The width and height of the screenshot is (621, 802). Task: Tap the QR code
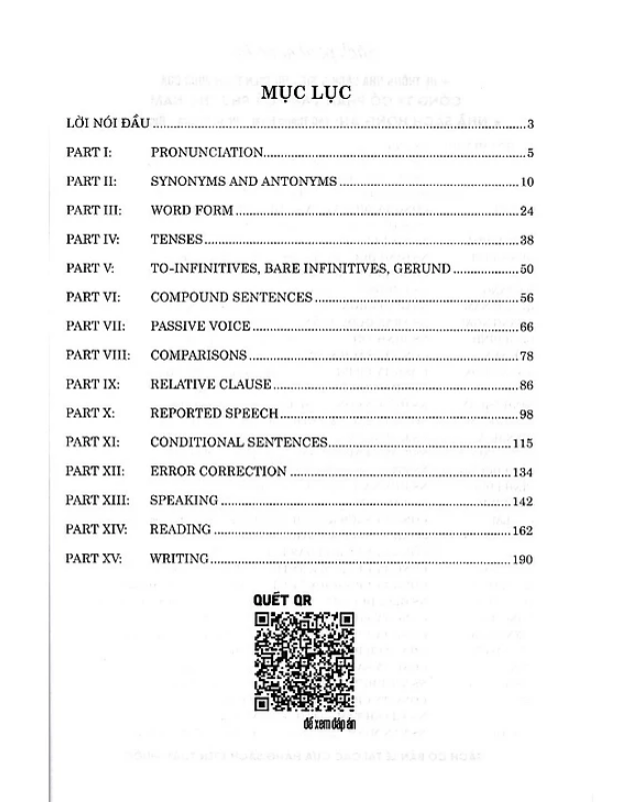(x=305, y=660)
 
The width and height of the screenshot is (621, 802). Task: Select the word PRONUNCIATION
(x=207, y=153)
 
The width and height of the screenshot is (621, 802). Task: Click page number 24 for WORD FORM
(x=528, y=211)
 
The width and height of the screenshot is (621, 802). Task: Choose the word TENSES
(x=176, y=240)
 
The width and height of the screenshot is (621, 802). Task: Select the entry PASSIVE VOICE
(x=200, y=327)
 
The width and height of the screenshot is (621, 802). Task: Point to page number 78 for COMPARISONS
(x=528, y=356)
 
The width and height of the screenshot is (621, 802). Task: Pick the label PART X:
(x=90, y=413)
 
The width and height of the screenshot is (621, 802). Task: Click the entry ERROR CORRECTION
(x=217, y=471)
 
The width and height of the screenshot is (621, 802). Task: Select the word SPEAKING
(x=183, y=500)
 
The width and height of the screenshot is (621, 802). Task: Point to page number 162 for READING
(x=525, y=529)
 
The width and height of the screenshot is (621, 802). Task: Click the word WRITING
(x=179, y=558)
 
